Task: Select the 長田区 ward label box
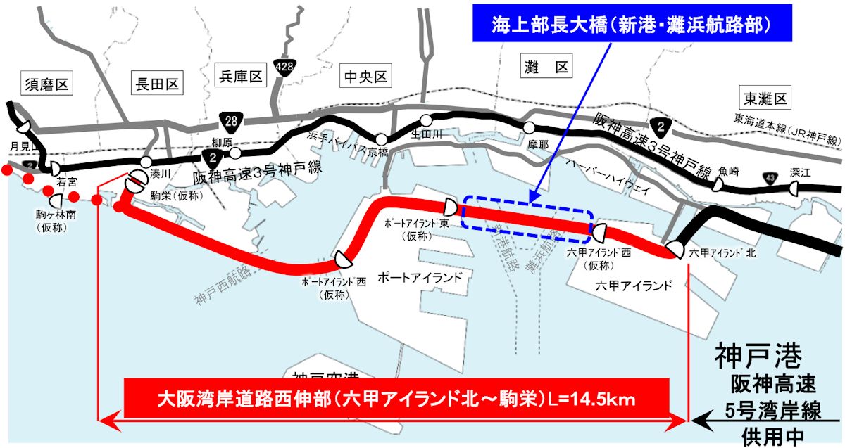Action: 156,85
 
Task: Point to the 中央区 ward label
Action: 365,76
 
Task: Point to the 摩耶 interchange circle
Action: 529,127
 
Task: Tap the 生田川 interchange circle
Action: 426,120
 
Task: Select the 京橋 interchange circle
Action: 382,139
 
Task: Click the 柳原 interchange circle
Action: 235,152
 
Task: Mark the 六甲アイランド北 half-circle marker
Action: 674,250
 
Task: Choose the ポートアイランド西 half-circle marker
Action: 344,259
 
